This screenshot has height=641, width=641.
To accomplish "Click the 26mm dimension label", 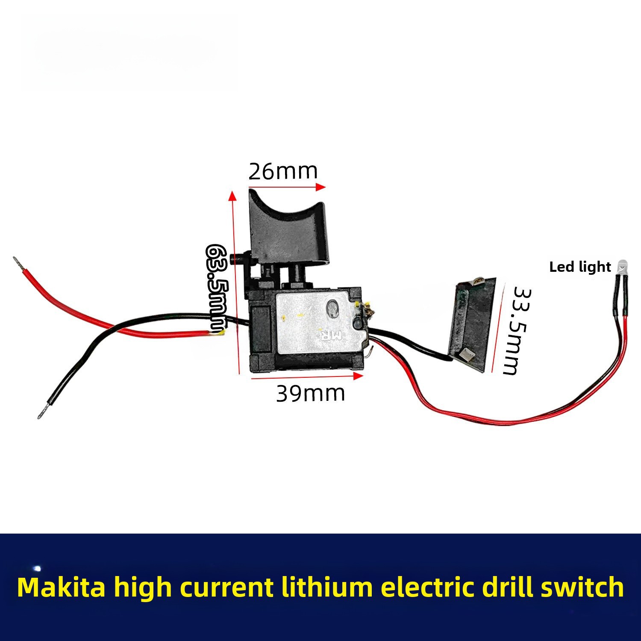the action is tap(283, 171).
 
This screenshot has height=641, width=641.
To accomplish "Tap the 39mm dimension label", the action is tap(310, 393).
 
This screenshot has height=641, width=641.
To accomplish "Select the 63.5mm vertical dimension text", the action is tap(217, 289).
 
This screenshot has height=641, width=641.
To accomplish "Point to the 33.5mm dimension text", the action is tap(517, 331).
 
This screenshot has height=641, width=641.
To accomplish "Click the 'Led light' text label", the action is tap(580, 267).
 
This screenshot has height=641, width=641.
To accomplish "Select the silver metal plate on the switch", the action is tap(316, 323).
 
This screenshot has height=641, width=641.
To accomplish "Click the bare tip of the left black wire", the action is tap(42, 413).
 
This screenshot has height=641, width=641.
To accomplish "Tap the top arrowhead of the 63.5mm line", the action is tap(232, 196).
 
